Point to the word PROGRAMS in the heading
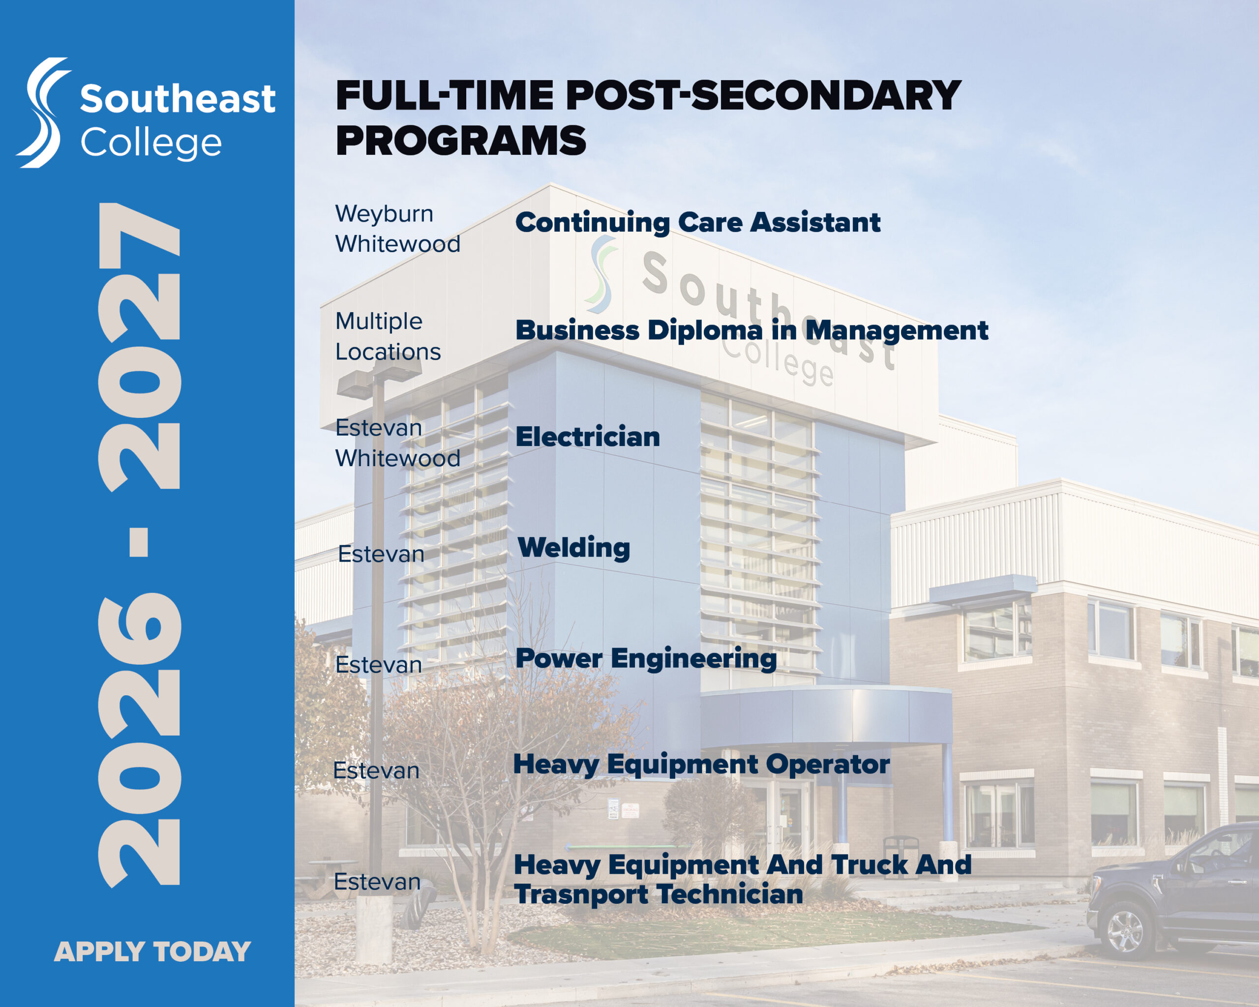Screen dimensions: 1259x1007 (x=461, y=141)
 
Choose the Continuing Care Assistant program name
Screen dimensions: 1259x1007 (x=698, y=222)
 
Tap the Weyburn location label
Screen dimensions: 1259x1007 (x=384, y=214)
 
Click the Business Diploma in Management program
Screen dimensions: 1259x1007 (x=751, y=330)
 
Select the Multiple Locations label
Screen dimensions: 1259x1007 (x=388, y=336)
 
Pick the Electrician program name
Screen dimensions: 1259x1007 (x=588, y=437)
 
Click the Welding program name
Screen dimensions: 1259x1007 (x=574, y=548)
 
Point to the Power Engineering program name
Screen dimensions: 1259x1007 (x=646, y=658)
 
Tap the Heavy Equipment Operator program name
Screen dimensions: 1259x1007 (x=701, y=765)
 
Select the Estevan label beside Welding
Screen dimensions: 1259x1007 (x=381, y=554)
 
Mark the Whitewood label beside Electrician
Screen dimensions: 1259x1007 (x=398, y=458)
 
